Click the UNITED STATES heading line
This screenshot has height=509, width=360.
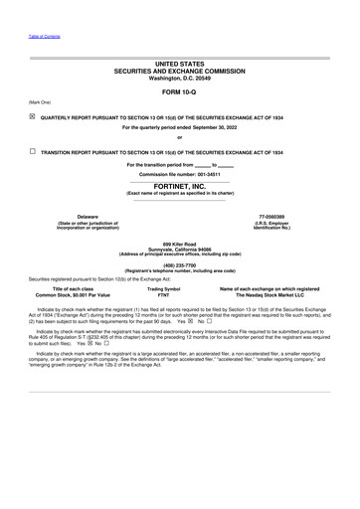180,64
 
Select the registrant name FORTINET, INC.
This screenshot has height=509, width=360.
180,185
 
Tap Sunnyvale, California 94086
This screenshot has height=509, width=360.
180,249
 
